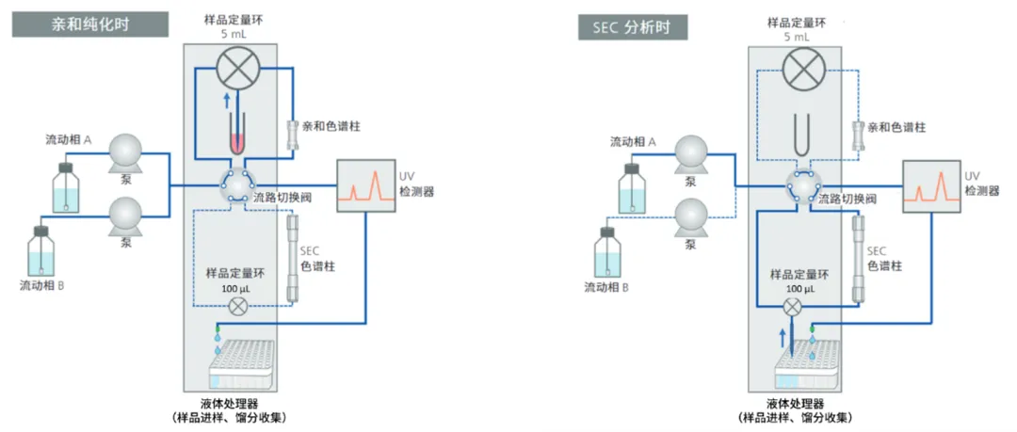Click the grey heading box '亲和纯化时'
(x=90, y=24)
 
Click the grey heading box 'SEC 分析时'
(x=633, y=25)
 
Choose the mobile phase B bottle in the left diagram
(x=40, y=252)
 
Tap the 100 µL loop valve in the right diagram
(x=793, y=306)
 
